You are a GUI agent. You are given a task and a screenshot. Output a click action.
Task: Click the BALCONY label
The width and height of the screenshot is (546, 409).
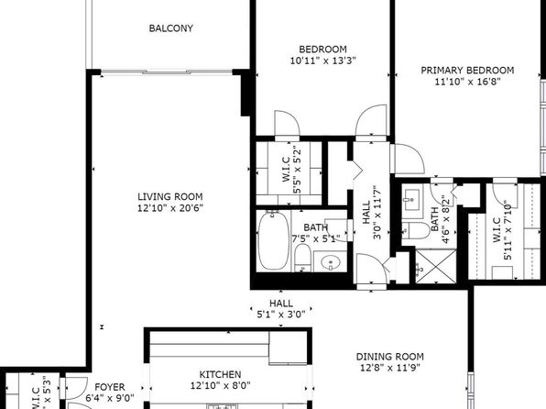click(x=171, y=28)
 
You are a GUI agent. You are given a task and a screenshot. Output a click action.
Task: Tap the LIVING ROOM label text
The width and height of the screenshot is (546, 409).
click(x=169, y=196)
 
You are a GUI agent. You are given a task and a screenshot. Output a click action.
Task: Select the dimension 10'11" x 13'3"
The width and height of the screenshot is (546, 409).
click(x=322, y=61)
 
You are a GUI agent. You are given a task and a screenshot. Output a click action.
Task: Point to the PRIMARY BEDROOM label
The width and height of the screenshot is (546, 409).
click(x=467, y=71)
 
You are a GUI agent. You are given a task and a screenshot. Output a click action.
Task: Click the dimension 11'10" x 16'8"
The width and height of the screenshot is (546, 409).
click(x=467, y=82)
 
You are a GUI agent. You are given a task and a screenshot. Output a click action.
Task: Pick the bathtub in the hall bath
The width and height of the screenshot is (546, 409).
click(x=273, y=240)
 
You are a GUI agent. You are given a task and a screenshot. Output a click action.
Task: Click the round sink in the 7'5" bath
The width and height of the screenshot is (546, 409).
click(x=330, y=261)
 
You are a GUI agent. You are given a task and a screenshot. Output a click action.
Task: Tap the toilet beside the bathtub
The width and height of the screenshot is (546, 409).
click(x=302, y=258)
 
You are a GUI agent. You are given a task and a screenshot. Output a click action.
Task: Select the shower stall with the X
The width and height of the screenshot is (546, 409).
click(x=436, y=266)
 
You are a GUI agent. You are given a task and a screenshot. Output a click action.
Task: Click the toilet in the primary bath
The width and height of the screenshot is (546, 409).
click(x=416, y=230)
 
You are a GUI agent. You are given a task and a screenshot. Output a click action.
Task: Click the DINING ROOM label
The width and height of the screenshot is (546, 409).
click(x=389, y=357)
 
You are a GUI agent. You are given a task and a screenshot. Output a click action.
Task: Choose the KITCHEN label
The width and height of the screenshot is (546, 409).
click(x=220, y=374)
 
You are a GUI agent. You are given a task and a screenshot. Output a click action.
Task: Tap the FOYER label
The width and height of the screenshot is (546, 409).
click(x=110, y=387)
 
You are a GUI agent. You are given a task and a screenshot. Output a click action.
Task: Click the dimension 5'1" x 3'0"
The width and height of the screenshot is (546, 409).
click(x=281, y=315)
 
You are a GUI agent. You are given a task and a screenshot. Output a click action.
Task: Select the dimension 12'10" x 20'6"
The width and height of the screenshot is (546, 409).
click(x=169, y=208)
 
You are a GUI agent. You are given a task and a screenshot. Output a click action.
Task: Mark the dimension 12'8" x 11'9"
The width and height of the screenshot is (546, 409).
click(x=389, y=368)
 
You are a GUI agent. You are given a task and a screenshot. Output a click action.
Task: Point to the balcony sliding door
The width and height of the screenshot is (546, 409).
click(x=167, y=72)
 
